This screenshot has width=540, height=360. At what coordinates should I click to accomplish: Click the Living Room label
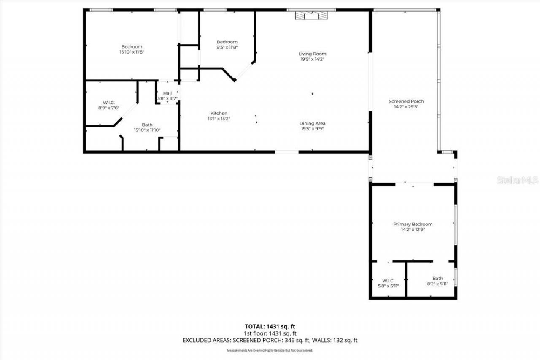[312, 54]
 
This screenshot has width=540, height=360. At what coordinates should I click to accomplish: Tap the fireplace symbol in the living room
[311, 16]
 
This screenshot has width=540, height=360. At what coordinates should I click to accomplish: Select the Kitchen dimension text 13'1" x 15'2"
[219, 119]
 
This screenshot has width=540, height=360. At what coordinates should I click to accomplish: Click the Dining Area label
[312, 123]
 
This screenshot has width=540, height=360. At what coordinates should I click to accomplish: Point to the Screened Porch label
[406, 101]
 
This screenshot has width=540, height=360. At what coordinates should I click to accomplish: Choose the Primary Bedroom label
[413, 224]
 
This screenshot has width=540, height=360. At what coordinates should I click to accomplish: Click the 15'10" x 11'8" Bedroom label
[132, 46]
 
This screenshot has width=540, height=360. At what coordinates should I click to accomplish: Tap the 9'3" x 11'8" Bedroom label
[227, 42]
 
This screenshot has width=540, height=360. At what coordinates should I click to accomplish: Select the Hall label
[167, 93]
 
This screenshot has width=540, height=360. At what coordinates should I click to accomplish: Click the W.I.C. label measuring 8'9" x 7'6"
[109, 103]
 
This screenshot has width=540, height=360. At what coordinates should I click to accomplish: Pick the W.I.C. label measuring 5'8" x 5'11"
[388, 280]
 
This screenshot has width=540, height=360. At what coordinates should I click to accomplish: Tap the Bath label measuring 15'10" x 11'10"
[147, 125]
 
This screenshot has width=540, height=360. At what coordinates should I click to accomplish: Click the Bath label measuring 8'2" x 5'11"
[437, 278]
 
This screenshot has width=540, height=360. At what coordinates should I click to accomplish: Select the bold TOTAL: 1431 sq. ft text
[270, 326]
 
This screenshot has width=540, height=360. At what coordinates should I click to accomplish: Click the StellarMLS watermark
[517, 180]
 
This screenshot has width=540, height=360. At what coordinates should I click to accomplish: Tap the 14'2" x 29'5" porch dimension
[406, 107]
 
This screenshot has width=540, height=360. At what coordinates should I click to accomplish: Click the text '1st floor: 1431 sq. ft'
[270, 333]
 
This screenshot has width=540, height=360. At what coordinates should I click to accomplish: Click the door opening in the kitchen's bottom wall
[287, 152]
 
